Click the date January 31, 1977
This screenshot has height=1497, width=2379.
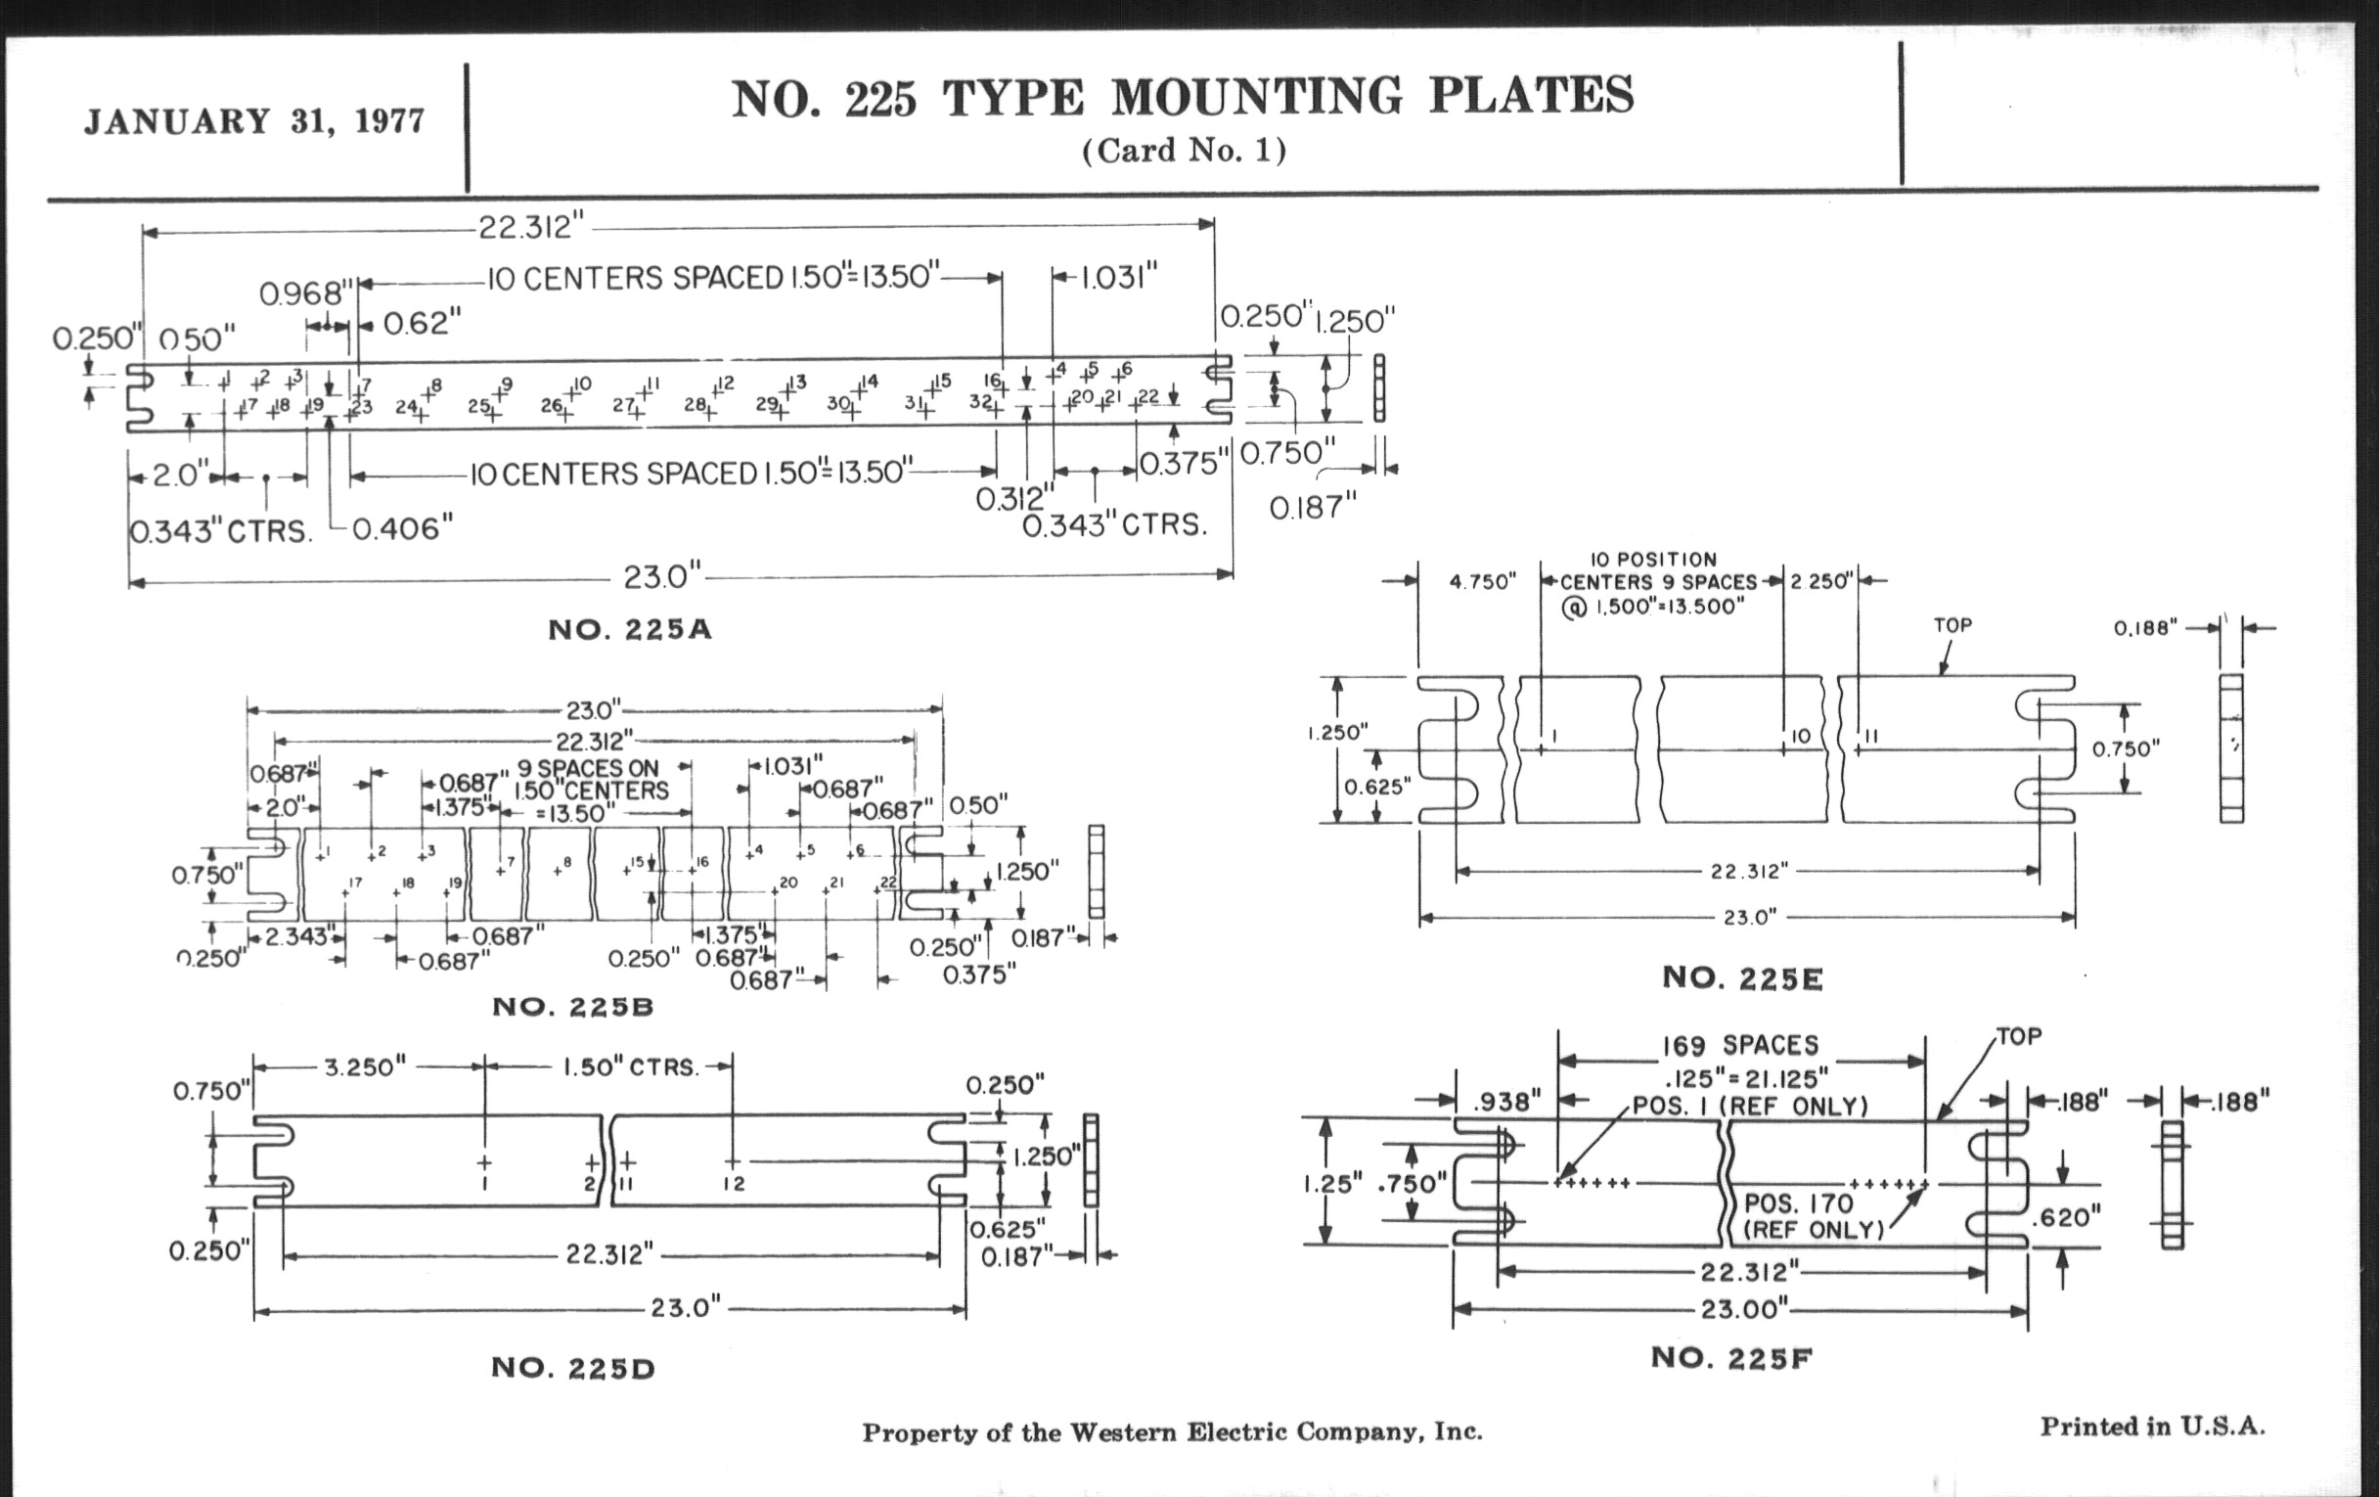tap(254, 120)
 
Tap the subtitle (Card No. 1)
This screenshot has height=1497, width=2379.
tap(1184, 151)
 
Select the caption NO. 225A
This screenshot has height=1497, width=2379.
tap(629, 629)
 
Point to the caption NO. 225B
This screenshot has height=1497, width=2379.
tap(573, 1007)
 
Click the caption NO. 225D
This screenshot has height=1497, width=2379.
tap(573, 1368)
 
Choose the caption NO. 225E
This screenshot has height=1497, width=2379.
tap(1743, 977)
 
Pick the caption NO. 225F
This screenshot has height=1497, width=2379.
tap(1730, 1358)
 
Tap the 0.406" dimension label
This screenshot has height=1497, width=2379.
tap(402, 529)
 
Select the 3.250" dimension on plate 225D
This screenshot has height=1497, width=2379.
tap(365, 1067)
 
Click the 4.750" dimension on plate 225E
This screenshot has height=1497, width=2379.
tap(1482, 582)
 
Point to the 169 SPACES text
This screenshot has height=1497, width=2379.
tap(1739, 1045)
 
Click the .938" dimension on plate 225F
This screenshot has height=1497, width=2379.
tap(1505, 1102)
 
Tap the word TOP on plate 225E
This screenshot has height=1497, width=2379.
tap(1953, 625)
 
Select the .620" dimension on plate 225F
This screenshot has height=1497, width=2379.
tap(2065, 1216)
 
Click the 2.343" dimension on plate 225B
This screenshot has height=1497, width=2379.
tap(295, 935)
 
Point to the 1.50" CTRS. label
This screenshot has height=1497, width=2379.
tap(630, 1067)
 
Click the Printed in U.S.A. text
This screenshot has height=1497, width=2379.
tap(2152, 1427)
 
